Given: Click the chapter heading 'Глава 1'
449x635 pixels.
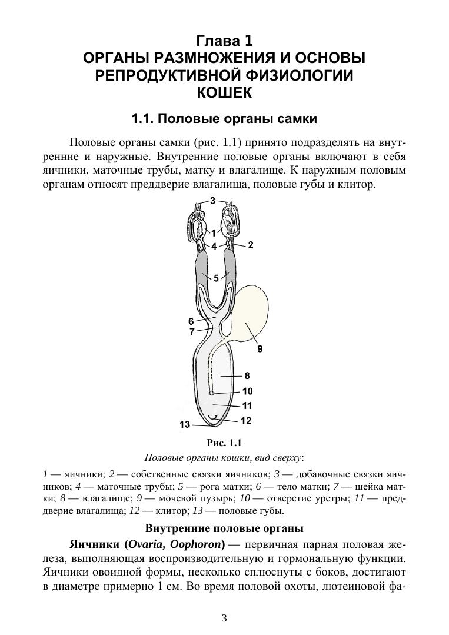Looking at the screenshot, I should point(224,41).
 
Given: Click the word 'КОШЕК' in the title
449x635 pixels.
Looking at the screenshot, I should point(224,92).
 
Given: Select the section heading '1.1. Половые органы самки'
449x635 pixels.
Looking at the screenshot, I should point(224,119).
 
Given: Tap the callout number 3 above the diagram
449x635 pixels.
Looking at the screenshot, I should point(212,201).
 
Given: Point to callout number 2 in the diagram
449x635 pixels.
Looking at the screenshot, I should point(251,245).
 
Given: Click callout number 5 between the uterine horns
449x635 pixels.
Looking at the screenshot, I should point(216,278).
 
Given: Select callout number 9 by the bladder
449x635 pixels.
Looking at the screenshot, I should point(260,348).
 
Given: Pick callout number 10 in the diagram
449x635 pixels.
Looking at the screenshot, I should point(247,391).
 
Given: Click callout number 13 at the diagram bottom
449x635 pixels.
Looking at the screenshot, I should point(185,424).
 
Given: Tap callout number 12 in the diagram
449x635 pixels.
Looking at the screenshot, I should point(246,420).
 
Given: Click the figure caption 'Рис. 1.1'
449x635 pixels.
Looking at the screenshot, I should point(224,443).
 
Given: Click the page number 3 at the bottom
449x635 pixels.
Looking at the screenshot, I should point(224,617).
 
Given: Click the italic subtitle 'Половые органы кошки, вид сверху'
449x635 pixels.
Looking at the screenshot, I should point(224,457).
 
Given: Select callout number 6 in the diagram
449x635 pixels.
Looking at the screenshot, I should point(191,321).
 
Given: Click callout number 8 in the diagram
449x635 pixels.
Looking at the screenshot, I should point(247,375).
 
